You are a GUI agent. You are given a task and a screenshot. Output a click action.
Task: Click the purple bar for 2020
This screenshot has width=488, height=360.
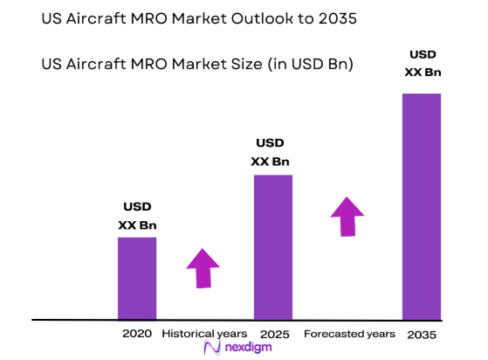pyautogui.click(x=137, y=278)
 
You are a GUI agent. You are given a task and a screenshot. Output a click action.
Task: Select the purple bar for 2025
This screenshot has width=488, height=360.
pyautogui.click(x=272, y=246)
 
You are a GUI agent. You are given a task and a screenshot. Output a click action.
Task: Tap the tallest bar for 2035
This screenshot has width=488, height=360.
pyautogui.click(x=422, y=206)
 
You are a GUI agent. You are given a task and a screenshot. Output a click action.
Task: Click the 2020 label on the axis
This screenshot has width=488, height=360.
pyautogui.click(x=137, y=334)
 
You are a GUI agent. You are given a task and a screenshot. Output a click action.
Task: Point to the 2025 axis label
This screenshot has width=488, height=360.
pyautogui.click(x=273, y=334)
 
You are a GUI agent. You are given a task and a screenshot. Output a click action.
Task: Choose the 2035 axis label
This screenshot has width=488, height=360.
pyautogui.click(x=421, y=334)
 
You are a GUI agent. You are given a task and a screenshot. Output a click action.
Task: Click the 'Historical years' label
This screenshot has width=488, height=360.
pyautogui.click(x=204, y=334)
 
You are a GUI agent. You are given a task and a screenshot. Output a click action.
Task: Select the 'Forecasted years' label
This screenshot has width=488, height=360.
pyautogui.click(x=349, y=334)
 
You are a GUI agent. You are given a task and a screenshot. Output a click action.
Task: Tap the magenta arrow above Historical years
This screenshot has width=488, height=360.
pyautogui.click(x=203, y=268)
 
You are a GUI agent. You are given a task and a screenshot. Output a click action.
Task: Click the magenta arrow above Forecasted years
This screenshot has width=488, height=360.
pyautogui.click(x=348, y=217)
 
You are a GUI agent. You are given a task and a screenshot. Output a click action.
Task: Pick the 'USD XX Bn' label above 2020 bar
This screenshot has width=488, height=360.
pyautogui.click(x=137, y=216)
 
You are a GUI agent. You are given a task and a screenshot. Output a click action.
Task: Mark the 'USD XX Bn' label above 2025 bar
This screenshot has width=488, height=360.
pyautogui.click(x=271, y=152)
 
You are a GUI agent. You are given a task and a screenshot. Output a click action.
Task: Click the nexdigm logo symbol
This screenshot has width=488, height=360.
pyautogui.click(x=210, y=348)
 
